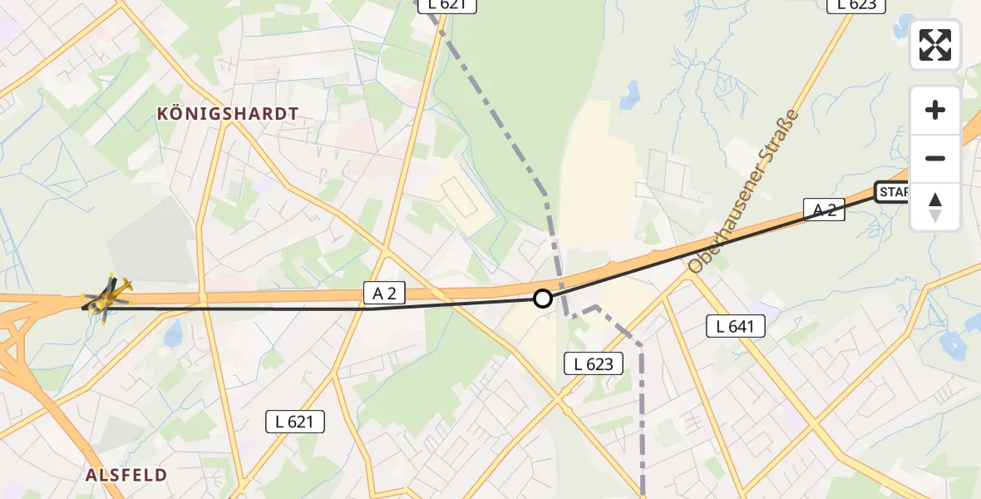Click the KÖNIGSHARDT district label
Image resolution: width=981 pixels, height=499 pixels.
[x=227, y=114]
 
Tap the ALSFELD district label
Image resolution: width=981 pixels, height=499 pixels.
[x=126, y=475]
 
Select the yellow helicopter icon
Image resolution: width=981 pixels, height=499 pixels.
[x=107, y=298]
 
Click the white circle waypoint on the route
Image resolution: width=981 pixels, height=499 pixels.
[x=542, y=298]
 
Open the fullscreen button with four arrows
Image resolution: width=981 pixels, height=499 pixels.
[x=935, y=44]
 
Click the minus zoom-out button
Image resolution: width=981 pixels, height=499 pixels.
[x=935, y=158]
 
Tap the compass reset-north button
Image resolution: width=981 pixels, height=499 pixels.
[x=935, y=206]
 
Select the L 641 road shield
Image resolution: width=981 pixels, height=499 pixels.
[x=735, y=326]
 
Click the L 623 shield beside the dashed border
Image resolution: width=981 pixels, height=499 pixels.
[x=594, y=363]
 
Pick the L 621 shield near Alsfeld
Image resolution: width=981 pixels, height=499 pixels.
[x=295, y=422]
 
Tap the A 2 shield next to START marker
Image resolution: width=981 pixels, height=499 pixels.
[x=824, y=210]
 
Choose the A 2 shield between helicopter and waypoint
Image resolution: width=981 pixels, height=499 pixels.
[x=384, y=292]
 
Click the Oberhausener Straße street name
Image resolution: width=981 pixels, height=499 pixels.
[x=743, y=192]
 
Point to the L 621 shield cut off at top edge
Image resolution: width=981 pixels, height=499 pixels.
[x=447, y=5]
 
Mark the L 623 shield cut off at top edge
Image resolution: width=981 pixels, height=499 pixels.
[x=856, y=5]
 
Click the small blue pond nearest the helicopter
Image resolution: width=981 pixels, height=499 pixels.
[x=173, y=334]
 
